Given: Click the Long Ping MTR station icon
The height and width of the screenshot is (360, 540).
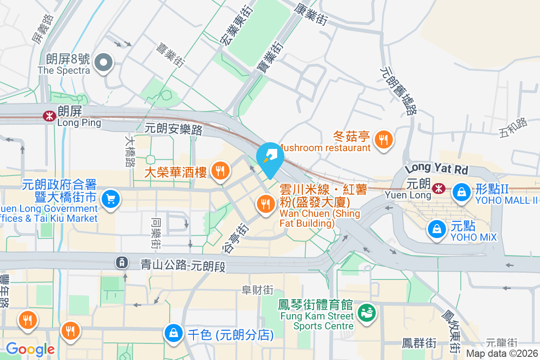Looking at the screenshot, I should (48, 117).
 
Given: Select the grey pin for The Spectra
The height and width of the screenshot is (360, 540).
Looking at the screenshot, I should (105, 63).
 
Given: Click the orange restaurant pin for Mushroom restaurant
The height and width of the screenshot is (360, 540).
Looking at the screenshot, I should (383, 140).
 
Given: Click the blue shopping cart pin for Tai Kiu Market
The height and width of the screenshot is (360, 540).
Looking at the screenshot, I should (110, 198).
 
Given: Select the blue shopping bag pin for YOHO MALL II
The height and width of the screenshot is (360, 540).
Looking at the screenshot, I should (461, 192).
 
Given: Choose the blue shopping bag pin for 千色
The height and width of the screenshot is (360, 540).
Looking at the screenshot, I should (173, 333).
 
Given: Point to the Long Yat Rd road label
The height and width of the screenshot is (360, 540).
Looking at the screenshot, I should (436, 169).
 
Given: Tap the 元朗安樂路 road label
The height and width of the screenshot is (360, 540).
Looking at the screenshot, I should (173, 130).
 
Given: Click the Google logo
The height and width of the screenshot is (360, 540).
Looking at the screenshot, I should (30, 349).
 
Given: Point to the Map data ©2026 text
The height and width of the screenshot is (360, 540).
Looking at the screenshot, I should (501, 354).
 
